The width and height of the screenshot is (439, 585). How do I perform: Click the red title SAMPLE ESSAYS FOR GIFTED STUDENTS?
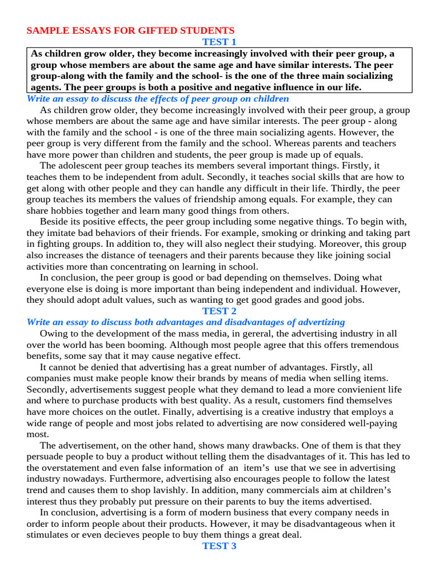coord(130,30)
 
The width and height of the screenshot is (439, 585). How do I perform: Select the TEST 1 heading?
coord(219,42)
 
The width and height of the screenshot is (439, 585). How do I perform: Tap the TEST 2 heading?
coord(219,311)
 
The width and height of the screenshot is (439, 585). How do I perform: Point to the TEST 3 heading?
coord(219,546)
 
